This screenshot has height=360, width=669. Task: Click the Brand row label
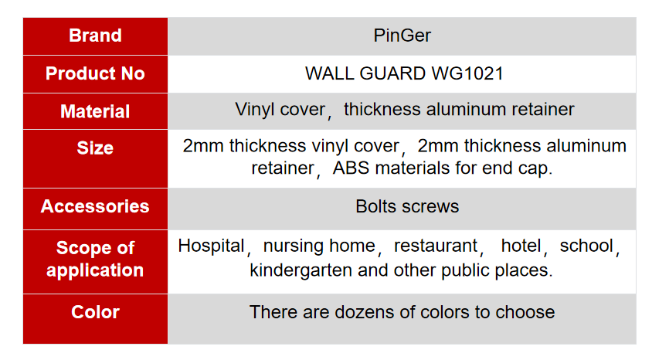coord(95,36)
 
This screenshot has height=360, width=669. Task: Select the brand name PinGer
coord(402,36)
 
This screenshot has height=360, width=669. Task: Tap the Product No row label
coord(95,73)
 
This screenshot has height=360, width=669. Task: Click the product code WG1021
coord(467,73)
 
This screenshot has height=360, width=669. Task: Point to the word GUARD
coord(392,73)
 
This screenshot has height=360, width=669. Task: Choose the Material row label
coord(95,111)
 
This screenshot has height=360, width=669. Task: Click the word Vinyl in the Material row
coord(254,110)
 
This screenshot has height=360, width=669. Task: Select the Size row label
coord(95,148)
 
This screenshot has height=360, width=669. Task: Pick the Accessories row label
coord(95,206)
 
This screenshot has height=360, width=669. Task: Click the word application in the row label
coord(95,271)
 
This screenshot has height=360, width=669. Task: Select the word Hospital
coord(211,246)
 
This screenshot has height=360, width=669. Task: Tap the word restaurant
coord(435,246)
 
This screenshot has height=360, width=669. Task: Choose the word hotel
coord(521,246)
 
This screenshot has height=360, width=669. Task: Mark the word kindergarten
coord(301,270)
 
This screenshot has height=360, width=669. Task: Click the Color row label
coord(95,312)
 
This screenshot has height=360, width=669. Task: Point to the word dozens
coord(365,312)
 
